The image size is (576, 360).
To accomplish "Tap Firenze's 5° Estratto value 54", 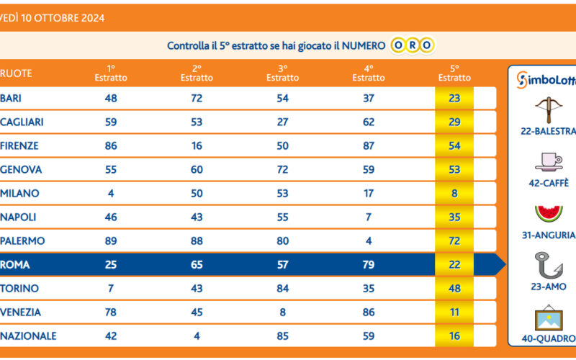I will [x=454, y=146].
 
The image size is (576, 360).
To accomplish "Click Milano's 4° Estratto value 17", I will [x=369, y=194].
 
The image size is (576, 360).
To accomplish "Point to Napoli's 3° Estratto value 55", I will [x=282, y=217].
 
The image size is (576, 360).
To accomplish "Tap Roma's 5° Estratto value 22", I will [x=454, y=265].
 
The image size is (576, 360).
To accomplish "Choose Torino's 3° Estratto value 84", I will [x=282, y=289].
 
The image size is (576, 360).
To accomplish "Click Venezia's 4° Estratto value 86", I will [x=369, y=312].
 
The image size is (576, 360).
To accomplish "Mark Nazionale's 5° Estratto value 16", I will [x=454, y=336].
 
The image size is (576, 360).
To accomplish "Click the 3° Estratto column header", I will [x=282, y=73].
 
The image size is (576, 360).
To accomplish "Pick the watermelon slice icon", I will [x=548, y=214].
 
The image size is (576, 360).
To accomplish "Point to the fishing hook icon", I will [x=548, y=265].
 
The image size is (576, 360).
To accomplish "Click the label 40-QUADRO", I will [x=548, y=338].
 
